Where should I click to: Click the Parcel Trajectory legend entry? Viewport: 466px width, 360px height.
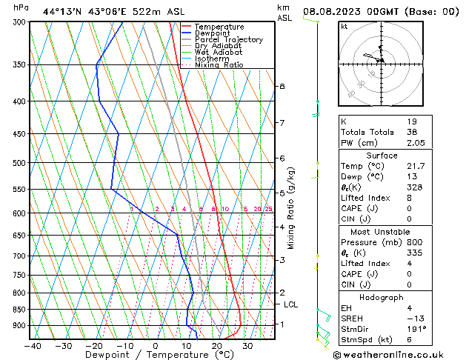pyautogui.click(x=227, y=40)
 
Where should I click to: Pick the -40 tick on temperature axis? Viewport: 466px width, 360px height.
pyautogui.click(x=32, y=346)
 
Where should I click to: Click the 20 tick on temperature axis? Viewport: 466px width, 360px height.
pyautogui.click(x=216, y=346)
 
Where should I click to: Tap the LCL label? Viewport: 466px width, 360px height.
pyautogui.click(x=291, y=304)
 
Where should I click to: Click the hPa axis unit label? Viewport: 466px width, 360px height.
pyautogui.click(x=21, y=7)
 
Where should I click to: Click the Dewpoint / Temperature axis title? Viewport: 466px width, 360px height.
pyautogui.click(x=153, y=356)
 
